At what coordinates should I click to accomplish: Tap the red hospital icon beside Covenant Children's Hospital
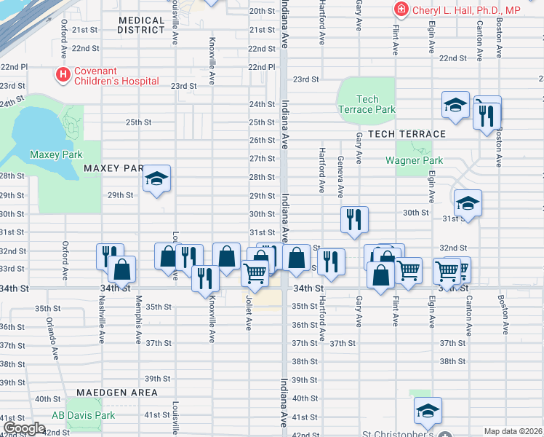pyautogui.click(x=64, y=75)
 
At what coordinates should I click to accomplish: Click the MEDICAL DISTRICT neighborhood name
pyautogui.click(x=141, y=25)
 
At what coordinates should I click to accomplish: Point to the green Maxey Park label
pyautogui.click(x=56, y=154)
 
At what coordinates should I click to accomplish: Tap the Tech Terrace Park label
pyautogui.click(x=367, y=104)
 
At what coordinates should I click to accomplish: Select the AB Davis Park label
pyautogui.click(x=84, y=415)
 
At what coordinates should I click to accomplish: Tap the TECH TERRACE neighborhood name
pyautogui.click(x=407, y=134)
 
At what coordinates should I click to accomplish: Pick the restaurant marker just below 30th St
pyautogui.click(x=354, y=219)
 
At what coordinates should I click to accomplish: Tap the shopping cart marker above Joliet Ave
pyautogui.click(x=255, y=275)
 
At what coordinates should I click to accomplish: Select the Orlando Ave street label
pyautogui.click(x=52, y=338)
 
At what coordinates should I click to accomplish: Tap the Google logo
pyautogui.click(x=24, y=428)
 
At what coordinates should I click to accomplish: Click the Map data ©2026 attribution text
pyautogui.click(x=513, y=431)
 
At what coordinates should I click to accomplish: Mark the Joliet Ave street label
pyautogui.click(x=248, y=315)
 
